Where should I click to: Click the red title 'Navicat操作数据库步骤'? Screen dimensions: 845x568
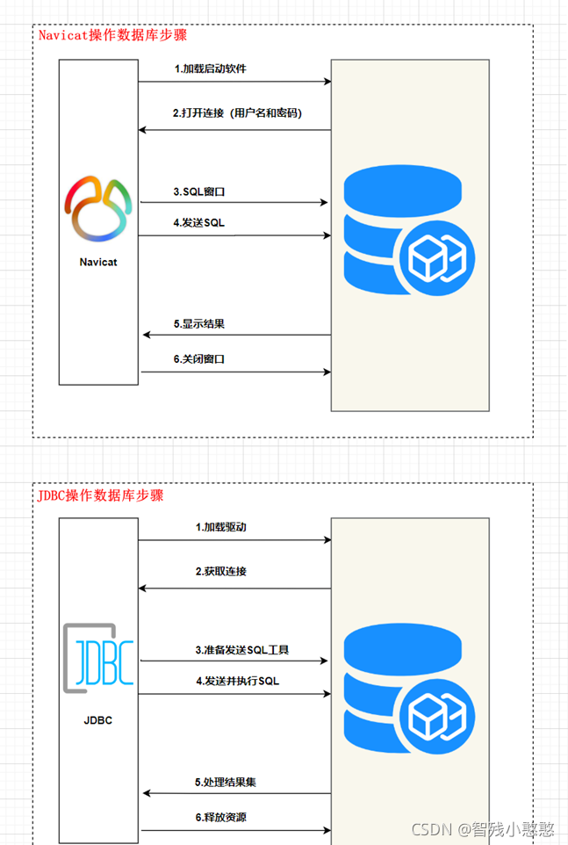point(112,36)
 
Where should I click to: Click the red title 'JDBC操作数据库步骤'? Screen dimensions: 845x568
point(100,495)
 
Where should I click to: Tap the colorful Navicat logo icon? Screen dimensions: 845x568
point(98,207)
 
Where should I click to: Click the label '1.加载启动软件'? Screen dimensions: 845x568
point(211,69)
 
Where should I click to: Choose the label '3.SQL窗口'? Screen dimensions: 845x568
point(205,191)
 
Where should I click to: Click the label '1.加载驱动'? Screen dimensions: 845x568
point(220,527)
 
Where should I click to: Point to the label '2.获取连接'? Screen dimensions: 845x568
point(220,571)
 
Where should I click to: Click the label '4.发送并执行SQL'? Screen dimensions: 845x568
point(237,681)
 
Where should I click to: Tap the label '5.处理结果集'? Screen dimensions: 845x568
point(225,782)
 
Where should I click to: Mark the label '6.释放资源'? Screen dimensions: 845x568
point(220,817)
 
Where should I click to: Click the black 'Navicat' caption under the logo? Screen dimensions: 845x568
point(98,262)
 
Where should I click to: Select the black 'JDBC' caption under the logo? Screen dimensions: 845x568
point(98,721)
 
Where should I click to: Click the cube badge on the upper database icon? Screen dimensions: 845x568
point(435,259)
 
